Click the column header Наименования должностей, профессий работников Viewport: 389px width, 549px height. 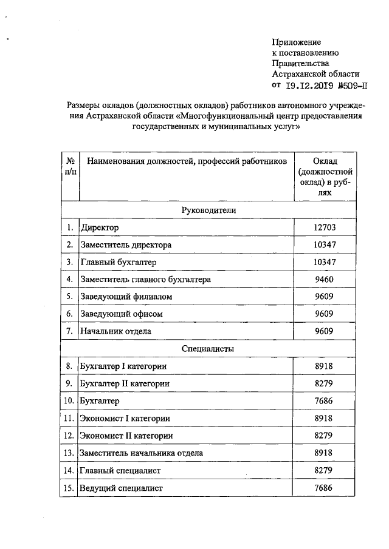[186, 161]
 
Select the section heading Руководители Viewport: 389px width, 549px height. [208, 209]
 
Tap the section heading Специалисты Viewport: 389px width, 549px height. [208, 349]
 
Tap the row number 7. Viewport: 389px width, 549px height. [70, 332]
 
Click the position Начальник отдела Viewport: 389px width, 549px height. [115, 332]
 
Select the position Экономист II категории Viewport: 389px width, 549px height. [126, 436]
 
